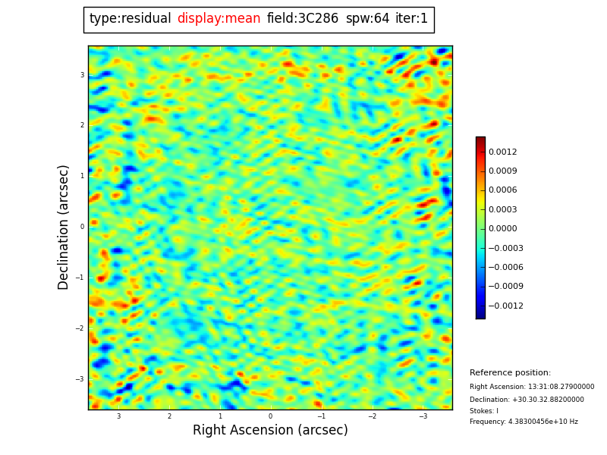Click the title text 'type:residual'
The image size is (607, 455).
pyautogui.click(x=130, y=19)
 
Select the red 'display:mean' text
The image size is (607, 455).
pyautogui.click(x=219, y=19)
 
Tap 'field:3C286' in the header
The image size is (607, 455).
pyautogui.click(x=302, y=19)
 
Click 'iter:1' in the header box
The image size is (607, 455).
pyautogui.click(x=411, y=19)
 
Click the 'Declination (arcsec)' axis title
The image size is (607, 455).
pyautogui.click(x=64, y=227)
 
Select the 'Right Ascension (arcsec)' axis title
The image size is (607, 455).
pyautogui.click(x=270, y=431)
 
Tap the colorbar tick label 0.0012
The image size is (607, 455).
pyautogui.click(x=502, y=152)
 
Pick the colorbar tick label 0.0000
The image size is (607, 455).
pyautogui.click(x=502, y=229)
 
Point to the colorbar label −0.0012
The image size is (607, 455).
pyautogui.click(x=505, y=306)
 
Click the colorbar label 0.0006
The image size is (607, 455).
pyautogui.click(x=502, y=190)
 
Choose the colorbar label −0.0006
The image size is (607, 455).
pyautogui.click(x=505, y=268)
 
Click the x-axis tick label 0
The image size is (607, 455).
pyautogui.click(x=270, y=416)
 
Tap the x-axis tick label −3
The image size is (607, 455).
pyautogui.click(x=423, y=416)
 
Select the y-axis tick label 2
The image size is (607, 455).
pyautogui.click(x=82, y=126)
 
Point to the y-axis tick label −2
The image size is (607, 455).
pyautogui.click(x=80, y=328)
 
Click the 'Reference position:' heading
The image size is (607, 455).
pyautogui.click(x=510, y=373)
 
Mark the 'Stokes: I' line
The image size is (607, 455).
pyautogui.click(x=484, y=411)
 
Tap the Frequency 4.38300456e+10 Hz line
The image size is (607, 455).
pyautogui.click(x=524, y=422)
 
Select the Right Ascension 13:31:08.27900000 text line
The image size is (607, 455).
pyautogui.click(x=532, y=387)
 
